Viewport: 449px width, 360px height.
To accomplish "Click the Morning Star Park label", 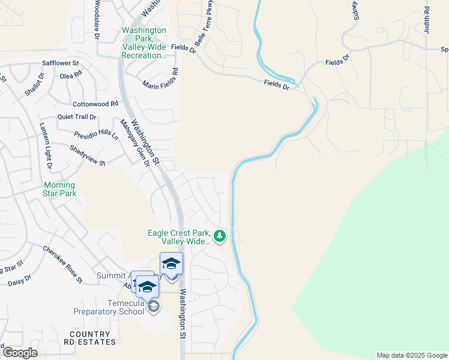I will pos(59,189).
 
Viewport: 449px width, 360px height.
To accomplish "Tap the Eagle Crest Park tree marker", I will pos(220,236).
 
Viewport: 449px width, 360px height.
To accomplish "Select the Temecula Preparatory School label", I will pos(109,307).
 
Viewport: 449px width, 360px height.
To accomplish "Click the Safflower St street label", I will pos(60,63).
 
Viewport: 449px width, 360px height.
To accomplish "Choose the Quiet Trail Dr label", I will pos(77,118).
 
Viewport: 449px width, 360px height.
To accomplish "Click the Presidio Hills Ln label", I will pos(96,136).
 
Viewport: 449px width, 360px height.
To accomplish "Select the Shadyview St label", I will pos(88,156).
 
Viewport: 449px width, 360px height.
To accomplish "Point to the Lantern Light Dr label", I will pos(46,146).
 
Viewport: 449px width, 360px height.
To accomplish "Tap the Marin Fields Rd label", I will pos(160,79).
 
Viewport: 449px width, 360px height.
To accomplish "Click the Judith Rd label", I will pos(427,20).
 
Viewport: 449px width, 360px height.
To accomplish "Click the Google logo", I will pos(20,352).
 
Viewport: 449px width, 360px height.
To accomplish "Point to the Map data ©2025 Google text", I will pos(411,355).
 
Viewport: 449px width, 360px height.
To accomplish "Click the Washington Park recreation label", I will pos(144,43).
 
